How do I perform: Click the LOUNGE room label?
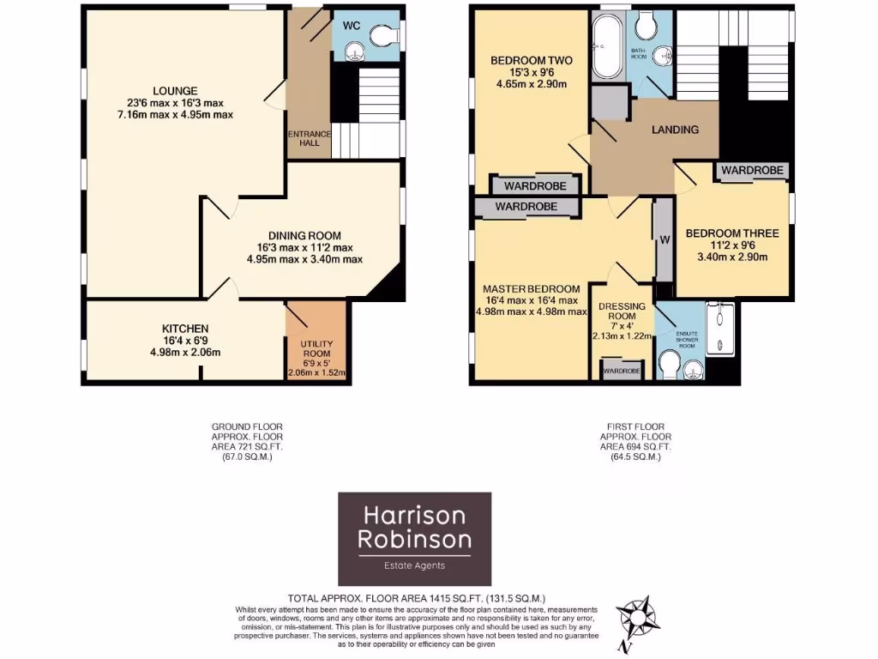[x=175, y=91]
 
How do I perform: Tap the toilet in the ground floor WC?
[x=382, y=33]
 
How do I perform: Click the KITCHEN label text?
[x=185, y=328]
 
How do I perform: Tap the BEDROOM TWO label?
[x=531, y=61]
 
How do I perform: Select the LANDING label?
[x=675, y=130]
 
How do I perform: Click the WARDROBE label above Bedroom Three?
[x=752, y=171]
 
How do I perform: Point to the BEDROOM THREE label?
[x=731, y=233]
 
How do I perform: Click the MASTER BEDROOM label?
[x=531, y=288]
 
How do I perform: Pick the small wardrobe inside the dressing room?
[x=622, y=371]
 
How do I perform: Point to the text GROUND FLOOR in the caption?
[x=247, y=426]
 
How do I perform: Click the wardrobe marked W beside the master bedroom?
[x=662, y=239]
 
